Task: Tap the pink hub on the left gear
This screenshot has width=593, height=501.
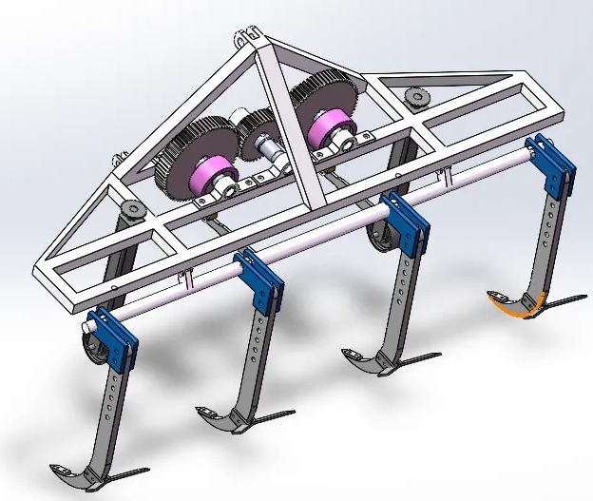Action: pos(215,177)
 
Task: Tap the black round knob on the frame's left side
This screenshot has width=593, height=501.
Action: pos(132,208)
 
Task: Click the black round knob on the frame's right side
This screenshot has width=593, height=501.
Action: pos(415,98)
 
